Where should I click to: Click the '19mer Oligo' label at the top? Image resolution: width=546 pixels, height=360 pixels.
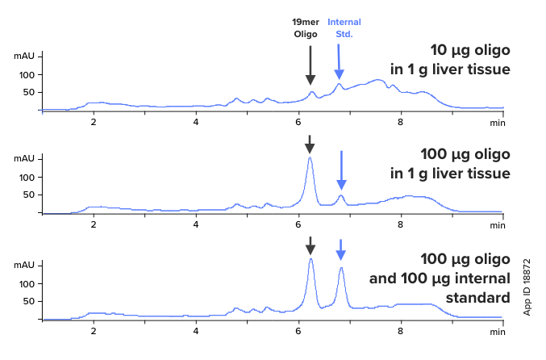311,29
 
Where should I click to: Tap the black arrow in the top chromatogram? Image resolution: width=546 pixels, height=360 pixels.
311,65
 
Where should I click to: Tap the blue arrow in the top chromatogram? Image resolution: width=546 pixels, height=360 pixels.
339,61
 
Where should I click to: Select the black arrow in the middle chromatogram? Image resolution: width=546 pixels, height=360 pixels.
311,144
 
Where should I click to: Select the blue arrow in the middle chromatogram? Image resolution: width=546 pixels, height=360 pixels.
341,169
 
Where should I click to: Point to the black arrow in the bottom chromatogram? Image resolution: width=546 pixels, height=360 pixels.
311,245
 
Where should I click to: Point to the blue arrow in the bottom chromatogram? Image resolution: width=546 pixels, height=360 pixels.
340,249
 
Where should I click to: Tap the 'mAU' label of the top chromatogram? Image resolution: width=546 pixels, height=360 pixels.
25,57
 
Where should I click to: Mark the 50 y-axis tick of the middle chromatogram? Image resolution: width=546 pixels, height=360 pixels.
31,195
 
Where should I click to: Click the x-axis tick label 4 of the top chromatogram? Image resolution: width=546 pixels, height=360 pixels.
196,122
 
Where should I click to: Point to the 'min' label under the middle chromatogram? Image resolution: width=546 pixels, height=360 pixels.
497,227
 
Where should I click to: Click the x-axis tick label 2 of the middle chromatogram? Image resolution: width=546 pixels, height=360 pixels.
94,227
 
